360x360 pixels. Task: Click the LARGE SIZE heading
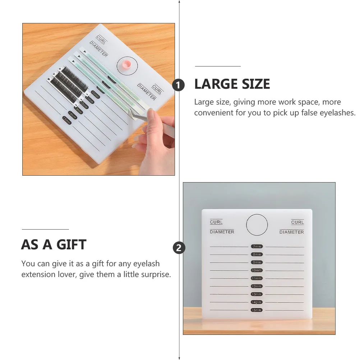[x=232, y=84]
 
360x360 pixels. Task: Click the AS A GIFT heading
[x=54, y=245]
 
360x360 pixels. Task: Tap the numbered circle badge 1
[x=179, y=85]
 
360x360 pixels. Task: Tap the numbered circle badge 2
[x=179, y=248]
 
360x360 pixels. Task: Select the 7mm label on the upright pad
[x=257, y=246]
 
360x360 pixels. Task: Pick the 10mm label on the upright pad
[x=257, y=270]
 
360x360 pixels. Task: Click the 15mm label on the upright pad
[x=257, y=310]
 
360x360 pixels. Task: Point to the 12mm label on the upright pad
[x=257, y=286]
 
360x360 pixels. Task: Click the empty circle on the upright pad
[x=257, y=225]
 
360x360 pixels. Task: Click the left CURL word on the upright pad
[x=216, y=222]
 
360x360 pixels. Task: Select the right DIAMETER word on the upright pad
[x=292, y=232]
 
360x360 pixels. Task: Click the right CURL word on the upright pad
[x=297, y=222]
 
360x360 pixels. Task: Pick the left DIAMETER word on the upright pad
[x=222, y=232]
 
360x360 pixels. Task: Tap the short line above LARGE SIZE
[x=218, y=66]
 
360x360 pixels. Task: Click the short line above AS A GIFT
[x=45, y=229]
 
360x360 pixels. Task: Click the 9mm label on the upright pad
[x=257, y=262]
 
